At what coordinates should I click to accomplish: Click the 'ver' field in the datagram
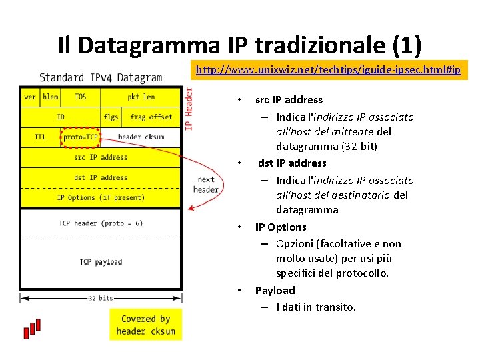(x=30, y=97)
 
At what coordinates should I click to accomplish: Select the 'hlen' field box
(x=50, y=97)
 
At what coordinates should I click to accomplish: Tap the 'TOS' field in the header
(x=81, y=97)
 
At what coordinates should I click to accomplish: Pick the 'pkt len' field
(x=141, y=97)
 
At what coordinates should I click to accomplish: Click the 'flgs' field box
(x=111, y=117)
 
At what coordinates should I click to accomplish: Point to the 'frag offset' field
(x=151, y=117)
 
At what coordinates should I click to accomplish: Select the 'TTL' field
(x=41, y=137)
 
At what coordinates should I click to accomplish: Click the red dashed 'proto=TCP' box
(x=81, y=137)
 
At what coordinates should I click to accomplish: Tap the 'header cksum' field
(x=141, y=137)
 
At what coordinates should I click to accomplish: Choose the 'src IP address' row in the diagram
(x=101, y=157)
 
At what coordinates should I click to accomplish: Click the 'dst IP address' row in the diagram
(x=101, y=177)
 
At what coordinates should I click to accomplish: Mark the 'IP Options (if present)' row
(x=101, y=197)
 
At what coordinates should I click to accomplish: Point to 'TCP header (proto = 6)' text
(x=101, y=223)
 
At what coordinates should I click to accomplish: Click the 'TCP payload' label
(x=101, y=262)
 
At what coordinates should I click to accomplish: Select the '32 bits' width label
(x=101, y=298)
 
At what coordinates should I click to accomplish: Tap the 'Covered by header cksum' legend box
(x=145, y=325)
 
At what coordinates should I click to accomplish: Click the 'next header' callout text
(x=206, y=184)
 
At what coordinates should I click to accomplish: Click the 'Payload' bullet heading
(x=275, y=290)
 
